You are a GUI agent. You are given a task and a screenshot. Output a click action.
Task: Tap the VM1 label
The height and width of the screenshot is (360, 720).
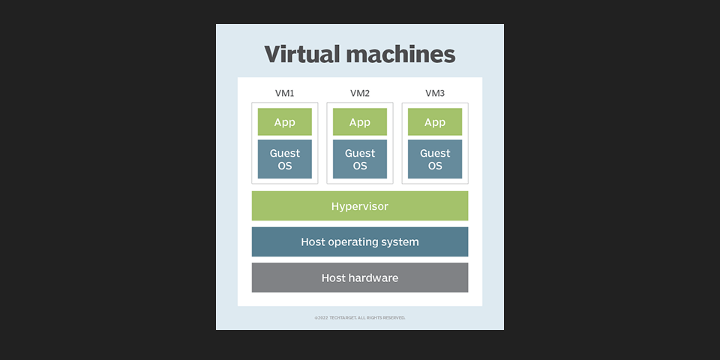(x=284, y=94)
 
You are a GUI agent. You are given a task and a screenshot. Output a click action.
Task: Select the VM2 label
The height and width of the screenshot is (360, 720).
(x=360, y=94)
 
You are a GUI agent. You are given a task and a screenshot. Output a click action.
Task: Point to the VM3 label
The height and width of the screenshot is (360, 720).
(x=435, y=94)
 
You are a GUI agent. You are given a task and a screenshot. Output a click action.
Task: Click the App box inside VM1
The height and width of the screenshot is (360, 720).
(x=284, y=122)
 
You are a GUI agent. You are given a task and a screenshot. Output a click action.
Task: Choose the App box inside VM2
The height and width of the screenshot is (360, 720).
(x=360, y=122)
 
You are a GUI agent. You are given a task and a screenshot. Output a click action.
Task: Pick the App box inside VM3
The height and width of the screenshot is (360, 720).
(x=435, y=122)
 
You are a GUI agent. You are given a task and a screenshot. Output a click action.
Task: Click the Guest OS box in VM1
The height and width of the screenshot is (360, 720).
(x=284, y=159)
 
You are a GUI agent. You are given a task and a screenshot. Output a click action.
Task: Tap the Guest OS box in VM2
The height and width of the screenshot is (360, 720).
(x=360, y=159)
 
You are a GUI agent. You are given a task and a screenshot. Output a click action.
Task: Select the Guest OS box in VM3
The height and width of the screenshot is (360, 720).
(x=435, y=159)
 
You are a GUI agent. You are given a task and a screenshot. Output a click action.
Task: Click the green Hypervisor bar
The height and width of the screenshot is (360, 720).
(x=420, y=206)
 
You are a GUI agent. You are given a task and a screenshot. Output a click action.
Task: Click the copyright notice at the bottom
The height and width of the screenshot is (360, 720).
(x=360, y=318)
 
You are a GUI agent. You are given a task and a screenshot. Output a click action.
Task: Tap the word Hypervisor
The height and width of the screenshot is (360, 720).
(x=360, y=206)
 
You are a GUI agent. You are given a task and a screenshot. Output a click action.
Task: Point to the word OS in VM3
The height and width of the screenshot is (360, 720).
(x=435, y=166)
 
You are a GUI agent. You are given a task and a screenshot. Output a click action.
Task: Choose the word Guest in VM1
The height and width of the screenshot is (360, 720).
(x=284, y=153)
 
